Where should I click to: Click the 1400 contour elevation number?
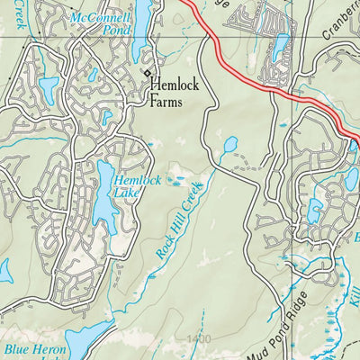point(200,338)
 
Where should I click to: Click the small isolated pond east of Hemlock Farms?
point(229,143)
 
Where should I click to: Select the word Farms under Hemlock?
point(166,103)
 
